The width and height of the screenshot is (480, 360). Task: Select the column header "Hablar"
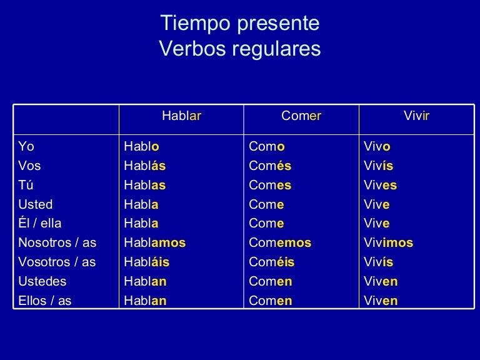coord(181,116)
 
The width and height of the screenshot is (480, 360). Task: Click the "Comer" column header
coord(301,116)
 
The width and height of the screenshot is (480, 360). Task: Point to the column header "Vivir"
coord(417,116)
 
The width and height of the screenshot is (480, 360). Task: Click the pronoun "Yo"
coord(26,147)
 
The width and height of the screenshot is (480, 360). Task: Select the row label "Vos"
coord(29,166)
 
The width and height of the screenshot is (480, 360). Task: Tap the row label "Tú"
coord(26,186)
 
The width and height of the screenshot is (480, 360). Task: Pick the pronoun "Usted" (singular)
coord(36,204)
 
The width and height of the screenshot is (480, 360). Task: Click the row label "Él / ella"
coord(40,224)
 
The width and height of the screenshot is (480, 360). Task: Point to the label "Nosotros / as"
coord(57,243)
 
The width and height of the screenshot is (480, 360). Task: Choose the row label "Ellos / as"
coord(44,301)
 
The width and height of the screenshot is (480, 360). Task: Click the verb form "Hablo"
coord(141,147)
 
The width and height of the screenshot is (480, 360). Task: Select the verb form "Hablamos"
coord(154,243)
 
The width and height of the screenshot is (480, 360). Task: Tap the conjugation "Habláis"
coord(146,262)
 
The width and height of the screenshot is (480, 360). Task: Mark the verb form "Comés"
coord(270,166)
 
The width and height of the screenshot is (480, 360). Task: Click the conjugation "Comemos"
coord(280,243)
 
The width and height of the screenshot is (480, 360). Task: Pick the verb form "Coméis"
coord(271,262)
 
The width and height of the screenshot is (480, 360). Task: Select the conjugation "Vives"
coord(380,186)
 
